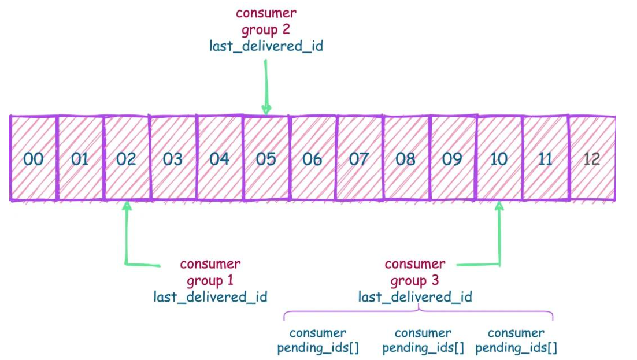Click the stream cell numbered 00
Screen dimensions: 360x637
coord(34,158)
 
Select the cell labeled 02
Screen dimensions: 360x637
coord(126,158)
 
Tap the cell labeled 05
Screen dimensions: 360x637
coord(265,158)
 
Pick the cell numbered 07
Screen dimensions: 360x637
coord(358,158)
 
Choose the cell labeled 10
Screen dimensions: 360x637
coord(499,158)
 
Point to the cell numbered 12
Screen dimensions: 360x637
coord(591,158)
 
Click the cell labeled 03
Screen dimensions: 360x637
coord(172,158)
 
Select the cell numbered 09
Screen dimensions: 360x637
coord(452,158)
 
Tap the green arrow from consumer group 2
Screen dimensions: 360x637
coord(266,87)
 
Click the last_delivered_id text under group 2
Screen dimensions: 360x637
coord(266,46)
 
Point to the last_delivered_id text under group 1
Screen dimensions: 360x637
coord(210,297)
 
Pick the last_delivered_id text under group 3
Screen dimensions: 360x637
coord(415,297)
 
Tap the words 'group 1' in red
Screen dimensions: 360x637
coord(210,281)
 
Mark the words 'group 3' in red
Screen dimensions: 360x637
coord(415,281)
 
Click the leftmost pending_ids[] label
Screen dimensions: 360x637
coord(318,348)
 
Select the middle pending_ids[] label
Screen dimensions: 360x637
coord(423,348)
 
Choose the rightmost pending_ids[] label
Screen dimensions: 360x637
coord(516,348)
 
